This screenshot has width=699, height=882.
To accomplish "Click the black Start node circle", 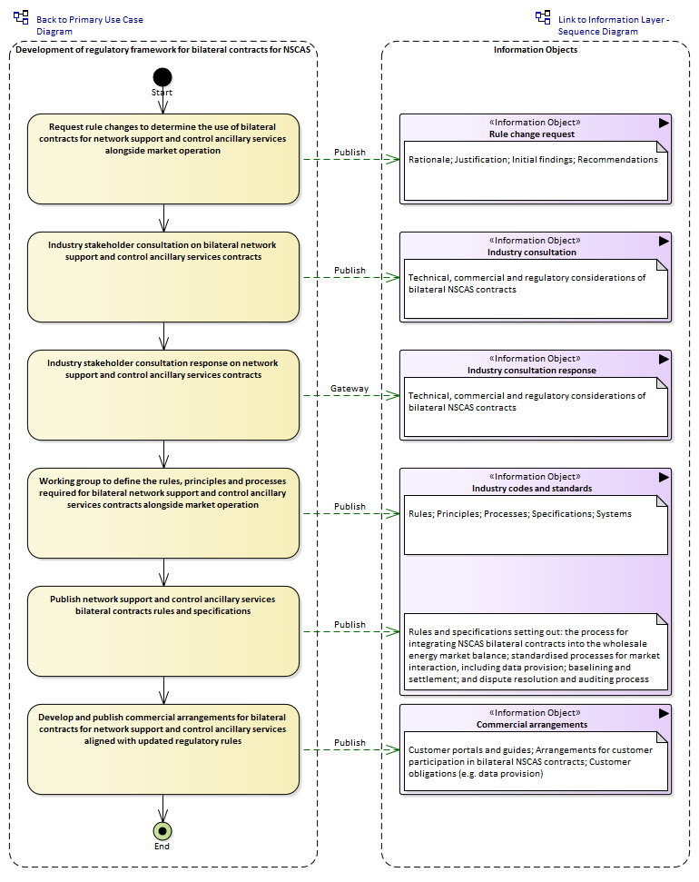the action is point(162,77).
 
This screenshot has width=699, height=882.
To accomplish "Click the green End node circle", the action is point(162,831).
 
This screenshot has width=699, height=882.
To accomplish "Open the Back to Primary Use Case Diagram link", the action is point(90,25).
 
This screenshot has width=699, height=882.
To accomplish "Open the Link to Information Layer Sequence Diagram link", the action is point(614,25).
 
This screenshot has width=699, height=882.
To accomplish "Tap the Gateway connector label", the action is point(349,388).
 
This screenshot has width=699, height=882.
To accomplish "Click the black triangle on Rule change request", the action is point(664,123).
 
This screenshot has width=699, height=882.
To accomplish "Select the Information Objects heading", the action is point(536,49).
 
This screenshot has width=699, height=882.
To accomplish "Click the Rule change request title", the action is point(532,134).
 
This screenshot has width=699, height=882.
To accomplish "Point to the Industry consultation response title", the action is point(532,370).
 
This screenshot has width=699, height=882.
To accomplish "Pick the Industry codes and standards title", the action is point(532,489).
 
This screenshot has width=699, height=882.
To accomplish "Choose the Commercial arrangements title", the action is point(532,725).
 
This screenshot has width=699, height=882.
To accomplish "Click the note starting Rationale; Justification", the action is point(536,171).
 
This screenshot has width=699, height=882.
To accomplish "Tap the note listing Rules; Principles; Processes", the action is point(536,525).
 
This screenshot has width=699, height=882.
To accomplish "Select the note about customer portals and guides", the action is point(536,761).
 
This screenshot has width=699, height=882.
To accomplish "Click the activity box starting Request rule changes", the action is point(163,159).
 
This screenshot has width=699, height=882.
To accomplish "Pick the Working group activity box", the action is point(163,513).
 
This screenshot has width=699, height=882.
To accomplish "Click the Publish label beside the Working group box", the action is point(349,506).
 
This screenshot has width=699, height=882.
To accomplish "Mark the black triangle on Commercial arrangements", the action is point(664,713).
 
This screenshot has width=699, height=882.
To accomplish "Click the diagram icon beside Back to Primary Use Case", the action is point(22,17).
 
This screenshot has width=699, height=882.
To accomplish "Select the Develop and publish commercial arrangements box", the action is point(163,749).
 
